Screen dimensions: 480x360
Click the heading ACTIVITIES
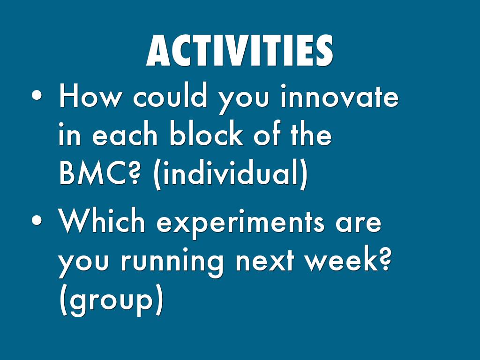pos(240,50)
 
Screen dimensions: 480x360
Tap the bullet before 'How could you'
pos(37,95)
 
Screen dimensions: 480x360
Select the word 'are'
pos(359,225)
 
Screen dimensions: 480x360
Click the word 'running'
pos(172,263)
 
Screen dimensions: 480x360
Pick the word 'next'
pos(265,262)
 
